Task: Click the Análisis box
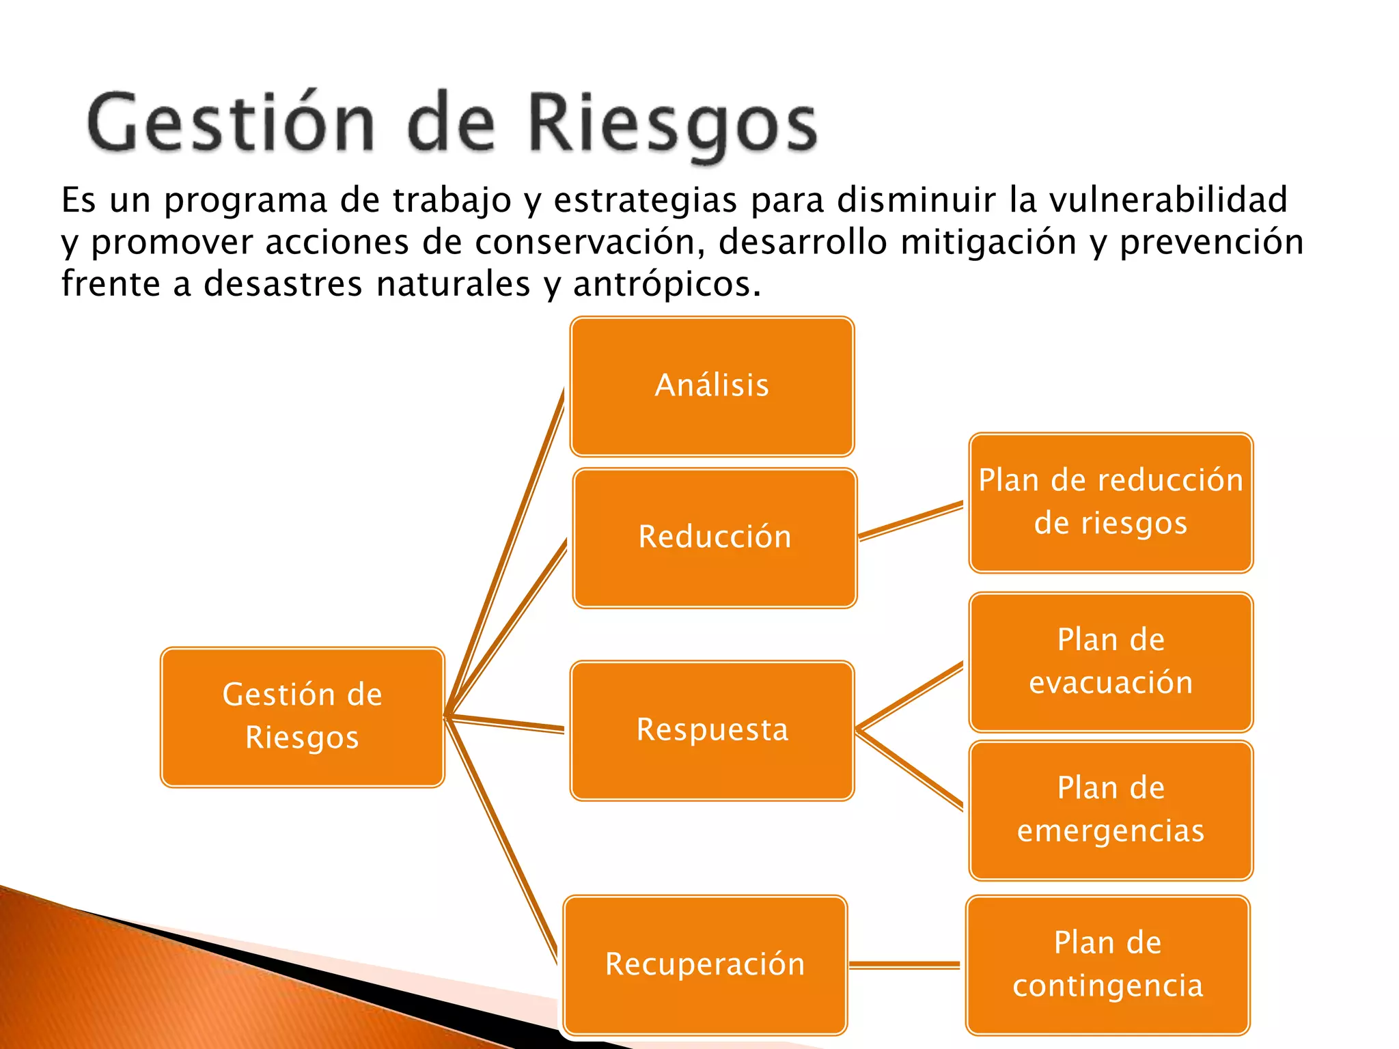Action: tap(712, 387)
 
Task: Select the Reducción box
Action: tap(715, 538)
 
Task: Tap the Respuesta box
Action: tap(712, 730)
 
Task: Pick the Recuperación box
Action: tap(705, 965)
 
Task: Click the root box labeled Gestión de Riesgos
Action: tap(302, 717)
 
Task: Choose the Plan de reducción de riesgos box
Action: tap(1111, 503)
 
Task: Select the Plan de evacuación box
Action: tap(1111, 662)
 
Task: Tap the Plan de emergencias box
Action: tap(1111, 810)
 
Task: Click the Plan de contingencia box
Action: tap(1107, 965)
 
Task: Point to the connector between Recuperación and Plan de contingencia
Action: tap(904, 965)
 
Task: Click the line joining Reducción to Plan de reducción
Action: tap(911, 522)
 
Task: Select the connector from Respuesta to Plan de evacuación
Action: tap(911, 696)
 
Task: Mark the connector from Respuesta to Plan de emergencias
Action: tap(911, 770)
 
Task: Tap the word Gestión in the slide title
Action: tap(231, 123)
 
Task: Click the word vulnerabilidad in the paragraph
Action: tap(1167, 201)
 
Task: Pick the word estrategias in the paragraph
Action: tap(645, 201)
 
